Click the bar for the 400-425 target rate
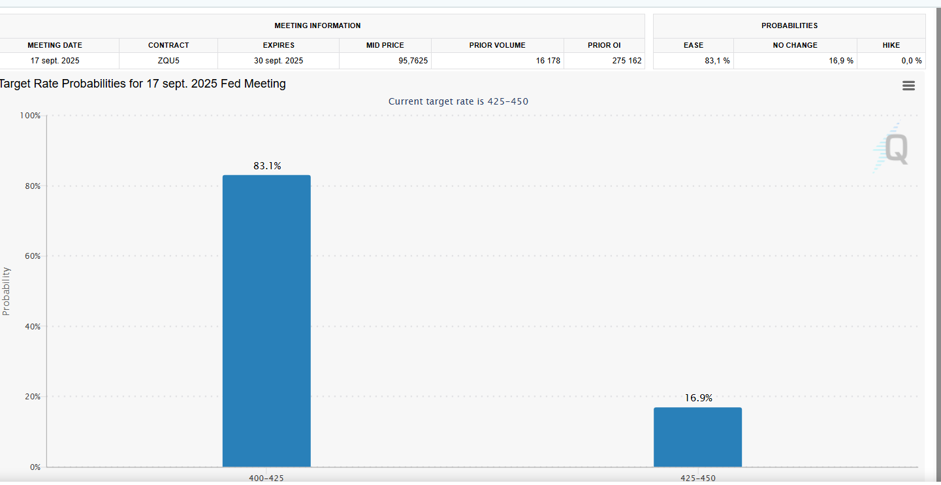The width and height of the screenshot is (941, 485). point(266,321)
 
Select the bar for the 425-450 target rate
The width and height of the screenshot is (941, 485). point(698,437)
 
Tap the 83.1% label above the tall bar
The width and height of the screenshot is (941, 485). point(267,166)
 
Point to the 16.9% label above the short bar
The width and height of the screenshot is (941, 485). point(699,398)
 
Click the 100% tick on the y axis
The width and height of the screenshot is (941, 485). point(30,116)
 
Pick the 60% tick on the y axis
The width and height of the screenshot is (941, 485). point(33,256)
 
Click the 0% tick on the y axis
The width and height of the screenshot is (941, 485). point(35,467)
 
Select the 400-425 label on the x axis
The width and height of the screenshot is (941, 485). point(266,478)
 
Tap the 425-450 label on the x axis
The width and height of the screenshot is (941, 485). point(698,478)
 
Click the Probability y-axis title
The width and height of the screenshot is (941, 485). point(6,291)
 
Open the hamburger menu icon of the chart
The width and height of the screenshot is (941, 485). point(908,86)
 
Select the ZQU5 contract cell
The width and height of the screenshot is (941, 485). point(168,61)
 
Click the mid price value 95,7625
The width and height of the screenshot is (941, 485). point(413,61)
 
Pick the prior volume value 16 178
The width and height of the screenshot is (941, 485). point(548,61)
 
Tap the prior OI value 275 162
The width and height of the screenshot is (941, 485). point(627,61)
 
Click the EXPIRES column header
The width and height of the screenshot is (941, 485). point(279,45)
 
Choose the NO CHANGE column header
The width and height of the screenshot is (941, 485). point(795,45)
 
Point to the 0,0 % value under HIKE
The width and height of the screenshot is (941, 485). point(912,61)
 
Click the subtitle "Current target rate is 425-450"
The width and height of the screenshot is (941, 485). point(458,101)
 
